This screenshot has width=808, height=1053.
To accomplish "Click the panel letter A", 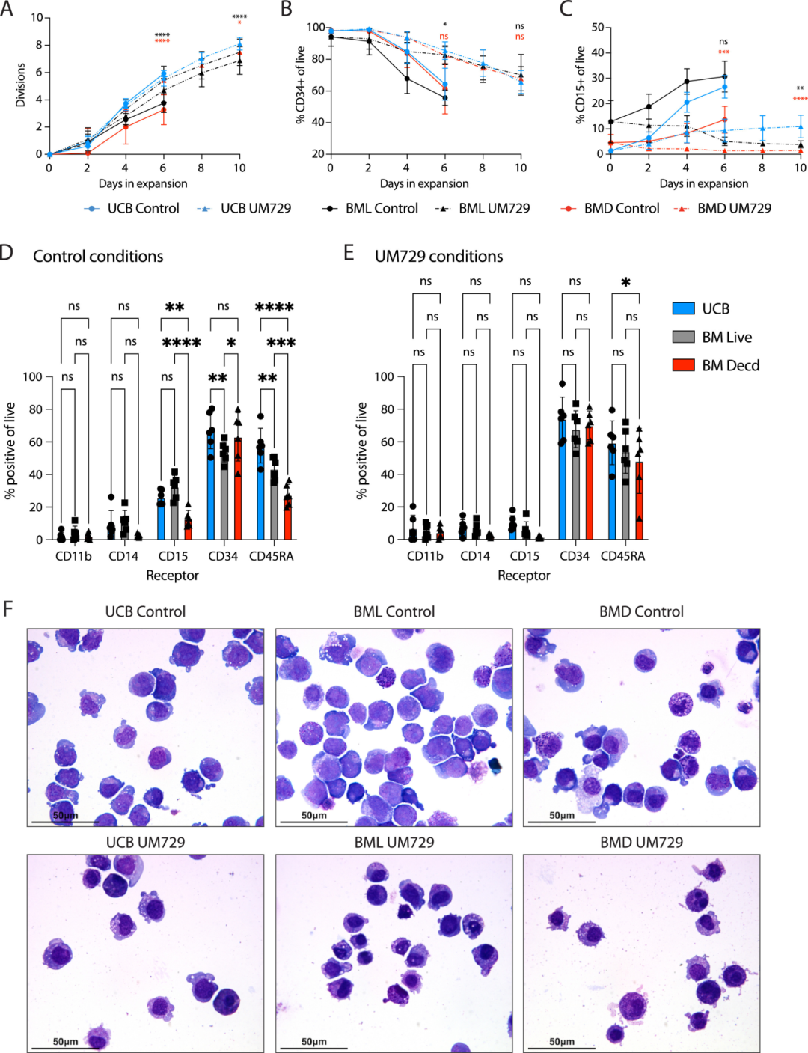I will (7, 9).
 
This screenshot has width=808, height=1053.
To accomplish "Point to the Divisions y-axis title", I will (20, 85).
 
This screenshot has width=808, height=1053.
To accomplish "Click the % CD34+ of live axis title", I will (301, 85).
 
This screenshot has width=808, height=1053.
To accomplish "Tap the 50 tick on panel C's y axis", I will (598, 28).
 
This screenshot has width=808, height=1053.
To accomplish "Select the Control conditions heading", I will (98, 257).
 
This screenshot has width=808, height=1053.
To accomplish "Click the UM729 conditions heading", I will (438, 257).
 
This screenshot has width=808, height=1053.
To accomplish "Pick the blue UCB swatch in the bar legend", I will (684, 308).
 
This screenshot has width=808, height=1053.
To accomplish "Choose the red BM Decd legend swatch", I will (684, 365).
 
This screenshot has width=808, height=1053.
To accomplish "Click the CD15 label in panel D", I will (173, 556).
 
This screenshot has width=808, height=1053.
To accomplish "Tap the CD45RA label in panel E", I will (622, 556).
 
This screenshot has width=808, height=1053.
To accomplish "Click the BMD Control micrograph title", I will (641, 612).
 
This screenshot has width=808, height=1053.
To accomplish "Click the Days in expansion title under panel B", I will (424, 184).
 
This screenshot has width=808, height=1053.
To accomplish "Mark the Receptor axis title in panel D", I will (172, 576).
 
